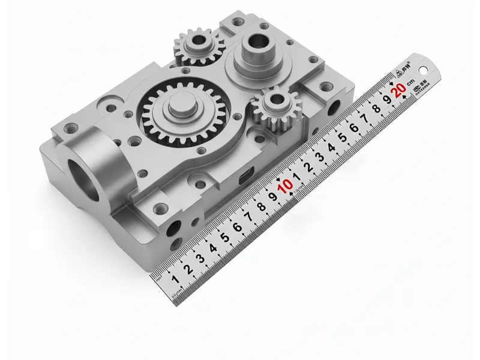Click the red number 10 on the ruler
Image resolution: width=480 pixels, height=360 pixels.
287,185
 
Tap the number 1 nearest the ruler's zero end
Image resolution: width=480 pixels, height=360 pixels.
175,279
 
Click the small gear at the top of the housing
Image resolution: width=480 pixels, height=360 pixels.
199,48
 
